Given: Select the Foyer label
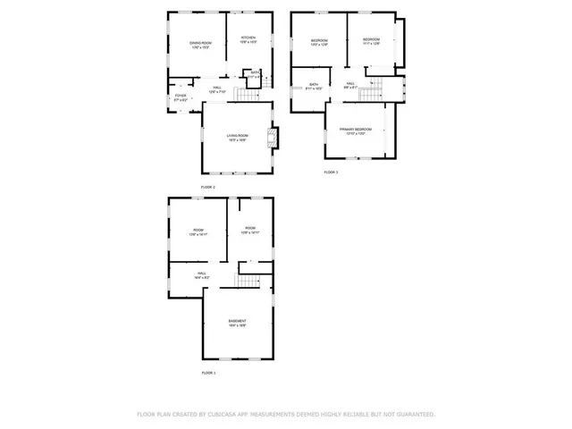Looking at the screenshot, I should [x=181, y=97].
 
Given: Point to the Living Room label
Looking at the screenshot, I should [x=237, y=137].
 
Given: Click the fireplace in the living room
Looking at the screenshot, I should [x=275, y=137].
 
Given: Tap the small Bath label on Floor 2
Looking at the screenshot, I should [x=255, y=74].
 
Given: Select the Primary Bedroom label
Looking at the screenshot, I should [x=356, y=130].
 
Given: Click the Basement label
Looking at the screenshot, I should [x=237, y=323].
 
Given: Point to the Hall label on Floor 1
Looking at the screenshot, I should [x=201, y=275].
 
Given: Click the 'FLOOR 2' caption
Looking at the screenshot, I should [x=208, y=187].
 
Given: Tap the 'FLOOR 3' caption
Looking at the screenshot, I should [x=331, y=172].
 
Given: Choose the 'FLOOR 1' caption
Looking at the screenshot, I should [x=208, y=372].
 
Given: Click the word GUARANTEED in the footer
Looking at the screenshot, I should [x=414, y=415].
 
